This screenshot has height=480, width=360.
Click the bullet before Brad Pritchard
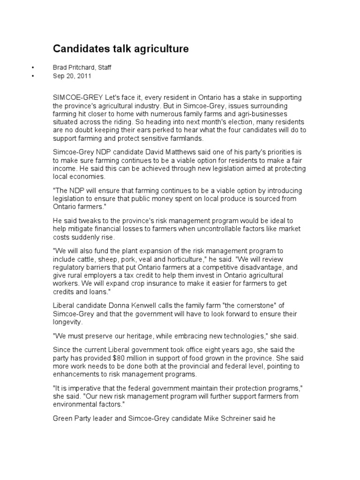[x=33, y=67]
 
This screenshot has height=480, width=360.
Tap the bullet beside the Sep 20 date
[x=33, y=75]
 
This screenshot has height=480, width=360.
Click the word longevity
[x=68, y=322]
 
